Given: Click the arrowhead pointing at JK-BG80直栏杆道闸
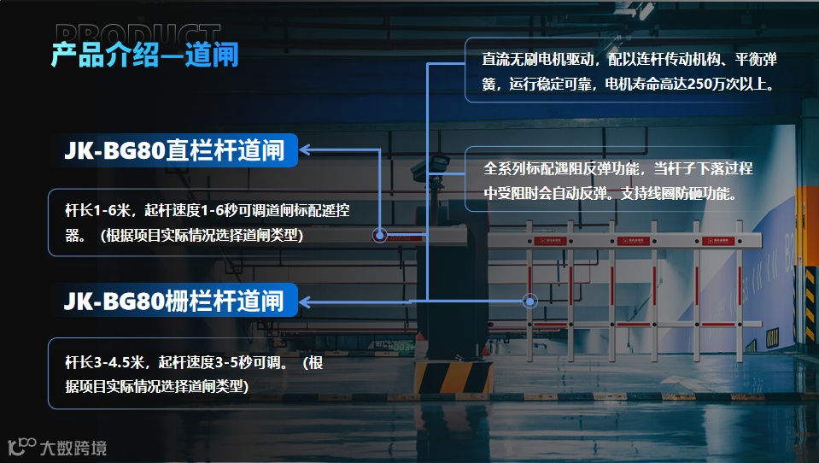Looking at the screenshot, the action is (x=306, y=151).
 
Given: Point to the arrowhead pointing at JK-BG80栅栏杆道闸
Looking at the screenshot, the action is (x=306, y=301).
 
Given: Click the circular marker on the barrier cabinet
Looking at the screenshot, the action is (x=380, y=235).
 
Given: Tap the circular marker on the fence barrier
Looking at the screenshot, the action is (x=530, y=301).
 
